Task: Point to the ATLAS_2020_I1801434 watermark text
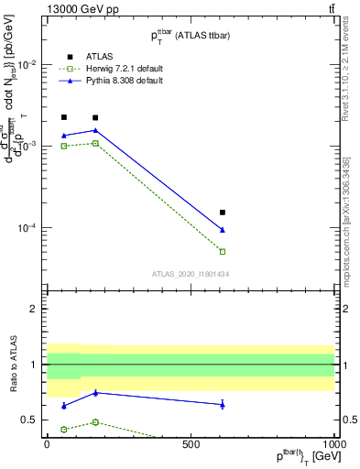pyautogui.click(x=190, y=274)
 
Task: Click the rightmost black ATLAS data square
pyautogui.click(x=223, y=213)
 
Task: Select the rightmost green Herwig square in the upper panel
pyautogui.click(x=223, y=251)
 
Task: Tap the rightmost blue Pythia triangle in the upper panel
pyautogui.click(x=223, y=229)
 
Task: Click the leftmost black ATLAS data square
pyautogui.click(x=63, y=117)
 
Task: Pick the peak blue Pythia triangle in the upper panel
pyautogui.click(x=95, y=130)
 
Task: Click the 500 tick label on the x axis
pyautogui.click(x=191, y=443)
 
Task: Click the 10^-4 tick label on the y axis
pyautogui.click(x=30, y=228)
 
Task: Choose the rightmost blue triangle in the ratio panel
pyautogui.click(x=223, y=404)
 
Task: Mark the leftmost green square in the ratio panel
pyautogui.click(x=63, y=429)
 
